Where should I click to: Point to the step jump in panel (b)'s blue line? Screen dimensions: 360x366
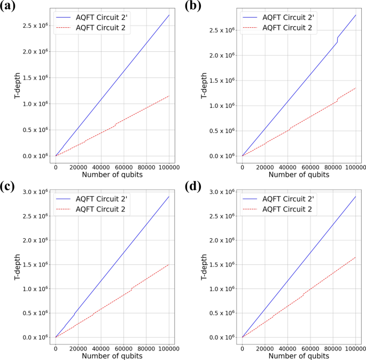(x=337, y=40)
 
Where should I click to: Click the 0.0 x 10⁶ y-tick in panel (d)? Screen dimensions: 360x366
(x=222, y=338)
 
